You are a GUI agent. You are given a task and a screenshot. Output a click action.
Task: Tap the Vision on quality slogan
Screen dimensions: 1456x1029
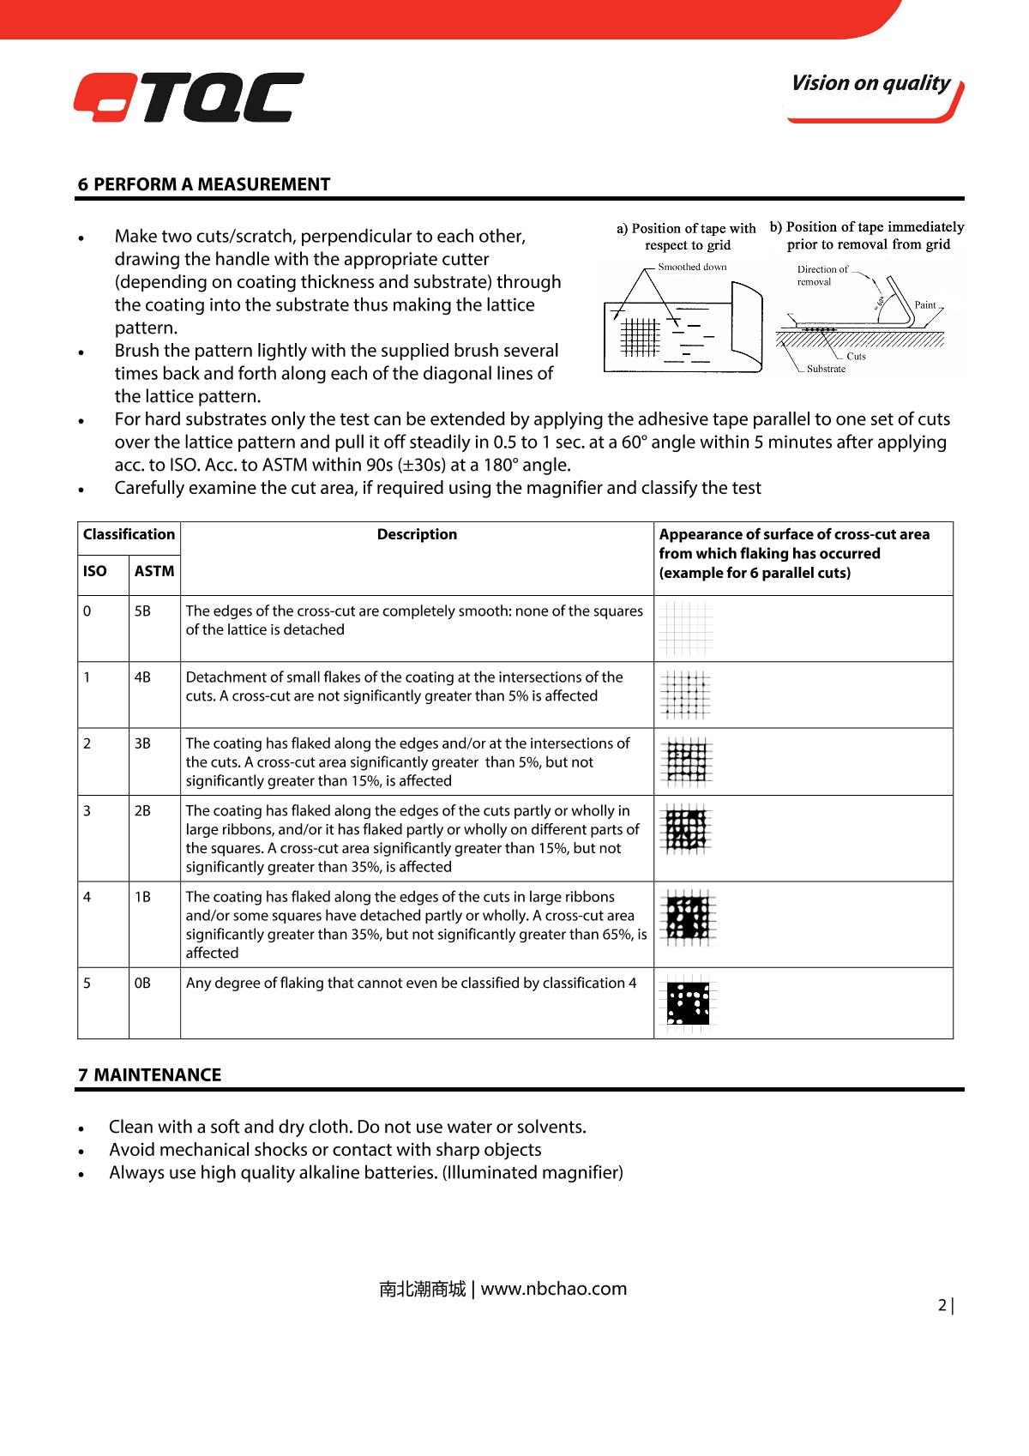click(870, 83)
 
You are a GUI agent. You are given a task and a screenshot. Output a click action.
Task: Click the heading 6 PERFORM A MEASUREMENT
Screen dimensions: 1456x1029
click(204, 184)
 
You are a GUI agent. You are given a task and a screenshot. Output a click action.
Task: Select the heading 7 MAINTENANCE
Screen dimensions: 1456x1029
click(150, 1075)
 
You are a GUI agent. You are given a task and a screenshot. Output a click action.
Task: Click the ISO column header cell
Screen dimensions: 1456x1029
click(95, 571)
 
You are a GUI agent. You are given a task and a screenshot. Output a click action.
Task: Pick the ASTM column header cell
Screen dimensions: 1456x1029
click(154, 571)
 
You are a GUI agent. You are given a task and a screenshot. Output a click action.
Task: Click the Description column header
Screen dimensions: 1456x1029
click(417, 534)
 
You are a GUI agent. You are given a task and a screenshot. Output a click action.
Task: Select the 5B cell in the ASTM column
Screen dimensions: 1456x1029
click(142, 611)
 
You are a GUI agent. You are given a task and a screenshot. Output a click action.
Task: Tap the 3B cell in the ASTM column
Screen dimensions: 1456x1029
click(142, 743)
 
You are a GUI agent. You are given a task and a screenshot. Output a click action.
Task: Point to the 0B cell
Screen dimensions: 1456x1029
click(142, 984)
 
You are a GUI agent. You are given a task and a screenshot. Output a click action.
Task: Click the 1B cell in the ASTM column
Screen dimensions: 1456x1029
click(142, 897)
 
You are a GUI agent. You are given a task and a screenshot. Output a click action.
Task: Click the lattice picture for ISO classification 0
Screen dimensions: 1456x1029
click(687, 629)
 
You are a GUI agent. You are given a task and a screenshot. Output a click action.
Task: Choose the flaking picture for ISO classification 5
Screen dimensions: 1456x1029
click(689, 1003)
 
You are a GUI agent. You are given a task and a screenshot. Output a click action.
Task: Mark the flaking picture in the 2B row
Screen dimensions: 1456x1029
click(688, 830)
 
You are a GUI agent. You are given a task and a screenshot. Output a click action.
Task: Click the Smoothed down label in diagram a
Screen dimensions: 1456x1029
click(692, 267)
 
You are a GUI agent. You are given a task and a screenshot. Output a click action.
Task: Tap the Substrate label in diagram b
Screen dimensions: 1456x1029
click(826, 369)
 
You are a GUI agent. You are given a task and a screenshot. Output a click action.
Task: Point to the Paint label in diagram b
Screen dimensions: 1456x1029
click(925, 305)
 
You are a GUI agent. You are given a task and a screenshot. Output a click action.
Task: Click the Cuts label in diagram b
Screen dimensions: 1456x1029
click(856, 356)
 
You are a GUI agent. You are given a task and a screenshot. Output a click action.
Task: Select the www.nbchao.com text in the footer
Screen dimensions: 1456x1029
click(554, 1289)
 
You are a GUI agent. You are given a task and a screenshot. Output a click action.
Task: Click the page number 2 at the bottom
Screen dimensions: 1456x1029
click(942, 1306)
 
